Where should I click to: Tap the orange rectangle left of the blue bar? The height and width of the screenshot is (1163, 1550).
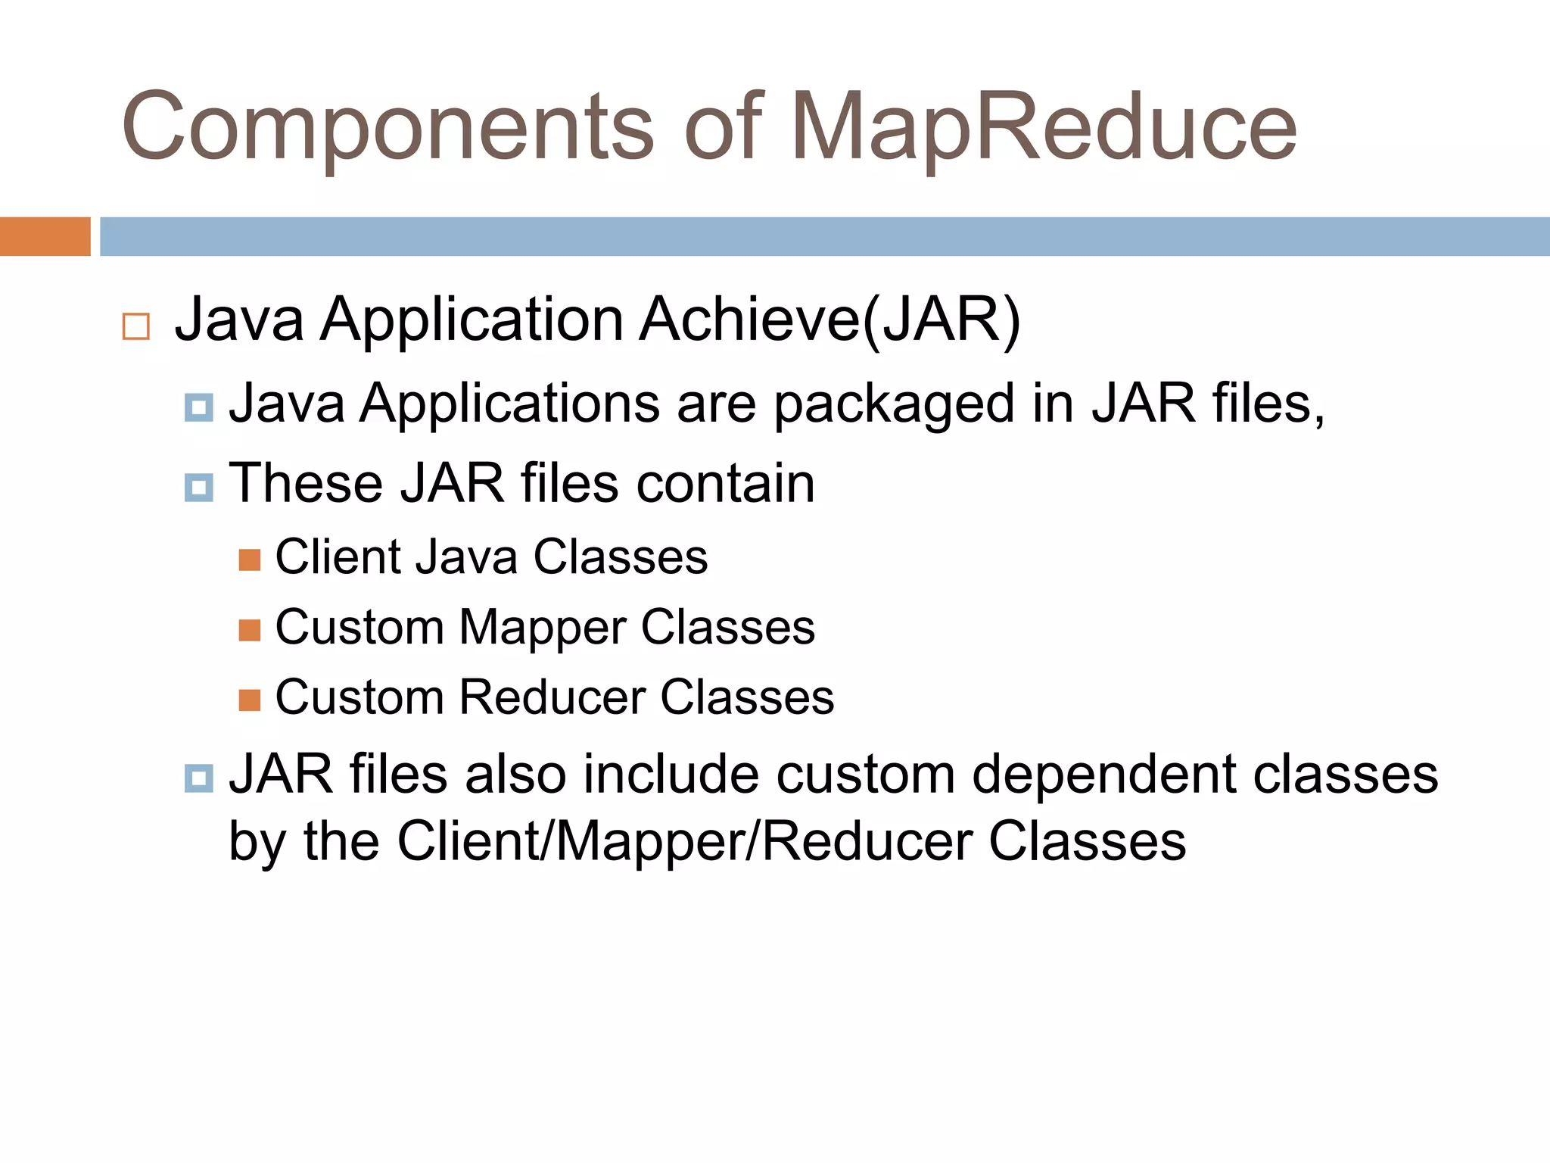pyautogui.click(x=45, y=236)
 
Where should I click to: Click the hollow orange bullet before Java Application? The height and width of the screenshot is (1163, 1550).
pyautogui.click(x=136, y=326)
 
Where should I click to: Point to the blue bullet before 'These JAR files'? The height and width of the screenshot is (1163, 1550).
pyautogui.click(x=198, y=488)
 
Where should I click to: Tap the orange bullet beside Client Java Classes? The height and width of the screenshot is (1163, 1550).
pyautogui.click(x=249, y=560)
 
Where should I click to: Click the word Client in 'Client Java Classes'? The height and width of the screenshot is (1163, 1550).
pyautogui.click(x=338, y=557)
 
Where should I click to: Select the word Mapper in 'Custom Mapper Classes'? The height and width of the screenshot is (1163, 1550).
pyautogui.click(x=542, y=628)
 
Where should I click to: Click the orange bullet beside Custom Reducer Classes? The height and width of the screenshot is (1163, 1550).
pyautogui.click(x=249, y=700)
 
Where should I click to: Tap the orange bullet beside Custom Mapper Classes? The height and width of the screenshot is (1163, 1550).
pyautogui.click(x=249, y=630)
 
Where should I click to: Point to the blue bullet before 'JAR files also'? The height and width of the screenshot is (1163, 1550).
pyautogui.click(x=198, y=778)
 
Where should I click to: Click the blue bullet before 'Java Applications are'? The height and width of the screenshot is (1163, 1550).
pyautogui.click(x=198, y=408)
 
